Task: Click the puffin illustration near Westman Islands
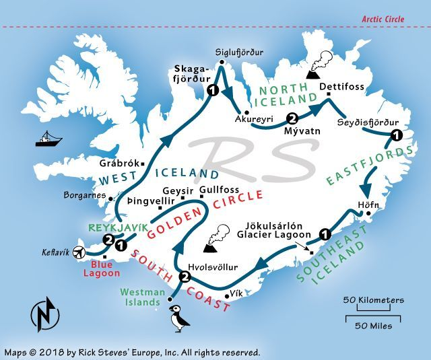178,320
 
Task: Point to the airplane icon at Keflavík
80,253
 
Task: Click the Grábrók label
118,163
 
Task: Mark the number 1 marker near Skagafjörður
213,90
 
